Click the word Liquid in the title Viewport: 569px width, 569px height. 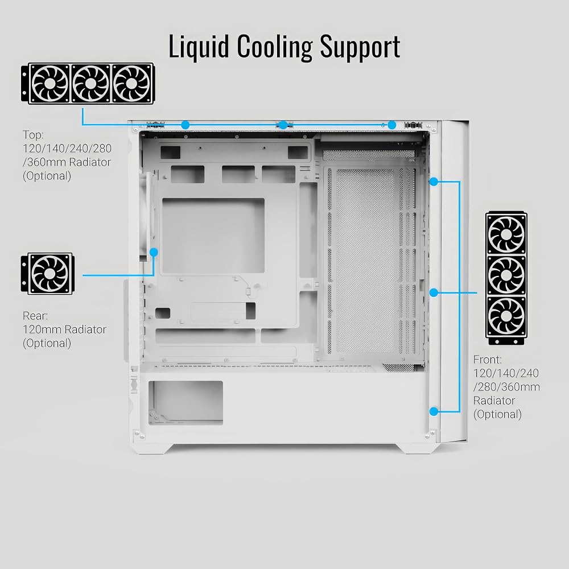click(199, 47)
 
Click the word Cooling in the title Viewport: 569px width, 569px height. click(275, 47)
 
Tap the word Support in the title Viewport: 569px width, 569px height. click(360, 47)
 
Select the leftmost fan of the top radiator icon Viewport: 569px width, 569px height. click(50, 84)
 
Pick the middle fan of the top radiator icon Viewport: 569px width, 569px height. click(90, 84)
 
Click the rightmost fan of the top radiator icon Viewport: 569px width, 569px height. click(131, 84)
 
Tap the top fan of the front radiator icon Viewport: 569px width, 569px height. click(506, 234)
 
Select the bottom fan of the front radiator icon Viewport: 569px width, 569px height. click(506, 316)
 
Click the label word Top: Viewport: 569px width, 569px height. click(34, 135)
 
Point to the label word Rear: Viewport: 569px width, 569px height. click(35, 316)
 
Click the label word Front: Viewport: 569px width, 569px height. click(488, 360)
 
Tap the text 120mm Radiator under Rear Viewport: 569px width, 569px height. click(65, 329)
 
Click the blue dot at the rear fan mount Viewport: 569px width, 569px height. click(154, 252)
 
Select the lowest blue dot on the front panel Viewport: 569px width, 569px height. click(434, 411)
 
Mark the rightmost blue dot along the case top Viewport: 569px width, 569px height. click(392, 125)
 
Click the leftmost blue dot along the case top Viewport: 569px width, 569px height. click(185, 125)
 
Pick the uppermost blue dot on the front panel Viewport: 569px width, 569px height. click(434, 182)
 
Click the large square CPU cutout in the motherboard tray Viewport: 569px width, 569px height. click(213, 236)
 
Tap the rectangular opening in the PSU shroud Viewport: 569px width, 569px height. click(186, 403)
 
